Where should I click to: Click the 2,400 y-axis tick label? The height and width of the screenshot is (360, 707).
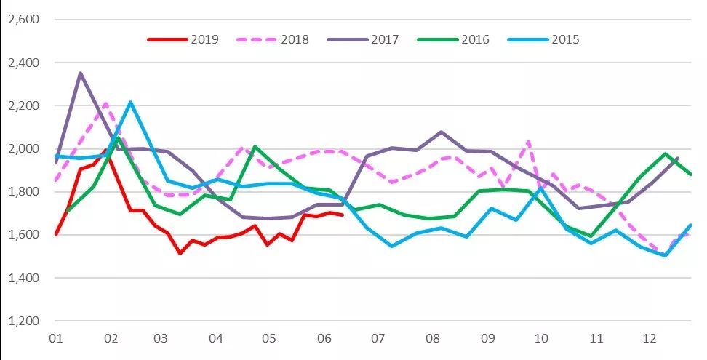tap(22, 63)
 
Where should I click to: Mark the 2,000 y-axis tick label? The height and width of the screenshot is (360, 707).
tap(22, 149)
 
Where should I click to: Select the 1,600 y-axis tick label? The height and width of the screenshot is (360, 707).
tap(22, 235)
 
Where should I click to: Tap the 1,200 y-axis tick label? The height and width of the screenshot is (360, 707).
tap(22, 321)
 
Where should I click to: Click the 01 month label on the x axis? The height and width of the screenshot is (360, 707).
tap(54, 339)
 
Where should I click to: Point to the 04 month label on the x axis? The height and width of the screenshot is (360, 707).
tap(215, 339)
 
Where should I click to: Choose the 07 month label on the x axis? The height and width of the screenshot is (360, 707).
tap(378, 339)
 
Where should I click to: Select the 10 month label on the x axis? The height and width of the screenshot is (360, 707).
tap(540, 339)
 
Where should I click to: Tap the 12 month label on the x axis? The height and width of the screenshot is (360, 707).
tap(649, 339)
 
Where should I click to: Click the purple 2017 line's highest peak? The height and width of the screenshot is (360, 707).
tap(80, 73)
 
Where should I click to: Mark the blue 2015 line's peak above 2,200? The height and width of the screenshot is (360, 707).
tap(130, 102)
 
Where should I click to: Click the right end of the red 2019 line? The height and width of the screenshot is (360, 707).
tap(343, 215)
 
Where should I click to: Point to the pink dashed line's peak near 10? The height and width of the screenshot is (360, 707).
tap(528, 141)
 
